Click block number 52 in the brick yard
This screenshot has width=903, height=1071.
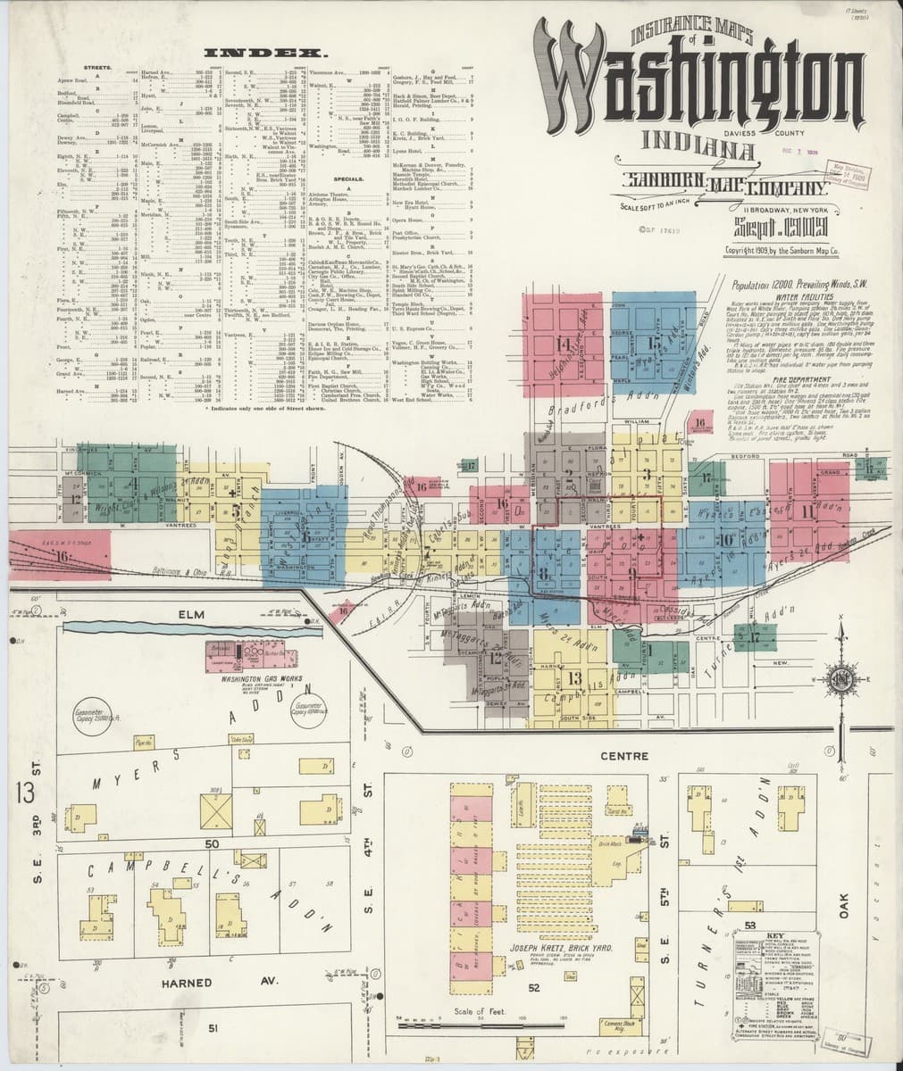(534, 987)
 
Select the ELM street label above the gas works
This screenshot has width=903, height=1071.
(190, 615)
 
